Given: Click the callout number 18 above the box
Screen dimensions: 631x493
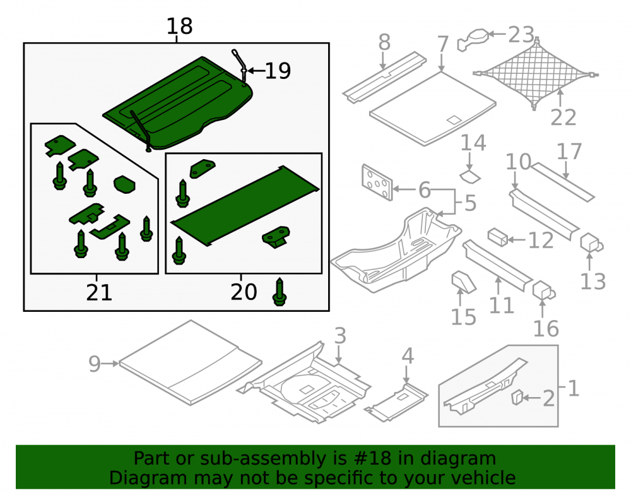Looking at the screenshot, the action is click(x=180, y=26).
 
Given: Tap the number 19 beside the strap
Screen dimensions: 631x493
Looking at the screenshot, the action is click(x=278, y=71).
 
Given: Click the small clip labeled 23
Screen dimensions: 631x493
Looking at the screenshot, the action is click(x=473, y=39).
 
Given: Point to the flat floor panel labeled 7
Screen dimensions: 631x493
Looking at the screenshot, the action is click(x=433, y=109).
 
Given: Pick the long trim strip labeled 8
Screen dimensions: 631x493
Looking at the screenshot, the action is click(x=384, y=77).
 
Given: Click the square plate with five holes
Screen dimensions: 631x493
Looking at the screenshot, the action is click(x=377, y=182).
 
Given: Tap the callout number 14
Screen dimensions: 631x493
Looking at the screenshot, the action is click(x=473, y=143).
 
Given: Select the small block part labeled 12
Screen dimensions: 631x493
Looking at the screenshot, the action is click(x=498, y=237).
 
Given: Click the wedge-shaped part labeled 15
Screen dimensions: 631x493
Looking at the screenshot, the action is click(x=464, y=282).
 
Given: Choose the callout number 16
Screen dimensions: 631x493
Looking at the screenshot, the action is click(x=546, y=328).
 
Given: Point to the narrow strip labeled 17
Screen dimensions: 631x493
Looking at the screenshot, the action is click(x=563, y=182).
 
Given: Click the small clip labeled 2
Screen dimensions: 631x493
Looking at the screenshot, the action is click(x=517, y=397).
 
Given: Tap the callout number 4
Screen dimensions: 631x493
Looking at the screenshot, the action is click(x=408, y=356).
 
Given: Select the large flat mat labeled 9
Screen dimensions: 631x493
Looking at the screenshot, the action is click(x=191, y=362).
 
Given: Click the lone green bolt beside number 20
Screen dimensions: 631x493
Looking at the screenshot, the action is click(x=280, y=292).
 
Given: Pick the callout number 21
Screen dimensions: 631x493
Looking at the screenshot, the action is click(x=99, y=292).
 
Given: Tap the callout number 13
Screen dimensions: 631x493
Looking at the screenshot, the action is click(x=593, y=282).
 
